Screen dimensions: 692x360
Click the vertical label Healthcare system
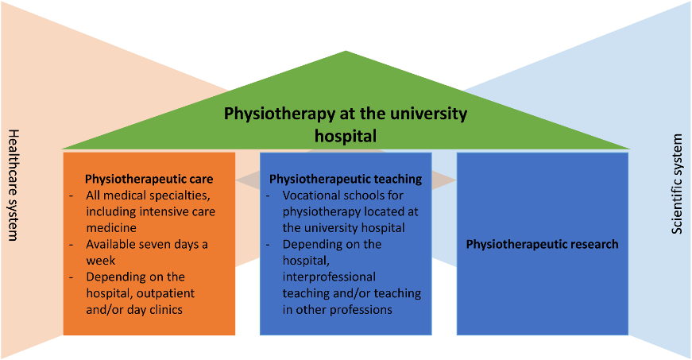[14, 185]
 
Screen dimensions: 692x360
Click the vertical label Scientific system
[677, 184]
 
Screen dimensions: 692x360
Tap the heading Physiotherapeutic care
[149, 179]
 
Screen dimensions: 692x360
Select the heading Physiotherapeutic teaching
[346, 179]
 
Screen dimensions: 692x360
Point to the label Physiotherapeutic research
[543, 245]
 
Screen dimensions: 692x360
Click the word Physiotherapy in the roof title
[280, 114]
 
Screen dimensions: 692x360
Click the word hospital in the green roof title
[346, 135]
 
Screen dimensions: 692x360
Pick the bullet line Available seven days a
[147, 245]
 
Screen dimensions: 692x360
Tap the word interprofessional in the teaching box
[329, 277]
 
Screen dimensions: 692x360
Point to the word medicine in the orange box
[111, 228]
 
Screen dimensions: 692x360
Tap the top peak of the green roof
[346, 51]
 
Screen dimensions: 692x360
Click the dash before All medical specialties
[72, 195]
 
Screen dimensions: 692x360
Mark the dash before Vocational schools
[269, 195]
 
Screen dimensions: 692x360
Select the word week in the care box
[101, 261]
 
